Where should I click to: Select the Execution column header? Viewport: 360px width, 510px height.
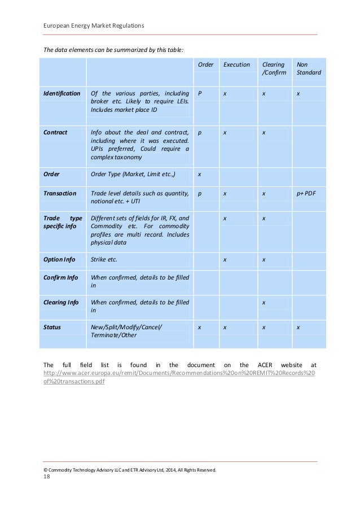(x=236, y=64)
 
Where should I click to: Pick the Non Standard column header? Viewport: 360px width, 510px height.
(x=309, y=68)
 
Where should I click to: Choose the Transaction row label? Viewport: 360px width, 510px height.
(x=60, y=193)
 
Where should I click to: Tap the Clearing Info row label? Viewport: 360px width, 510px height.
(x=62, y=302)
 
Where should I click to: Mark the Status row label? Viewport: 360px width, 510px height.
(x=52, y=327)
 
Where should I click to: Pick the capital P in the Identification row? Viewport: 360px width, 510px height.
(x=199, y=93)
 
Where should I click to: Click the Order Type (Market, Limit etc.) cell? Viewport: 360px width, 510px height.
(x=134, y=174)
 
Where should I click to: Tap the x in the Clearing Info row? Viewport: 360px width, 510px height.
(x=264, y=302)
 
